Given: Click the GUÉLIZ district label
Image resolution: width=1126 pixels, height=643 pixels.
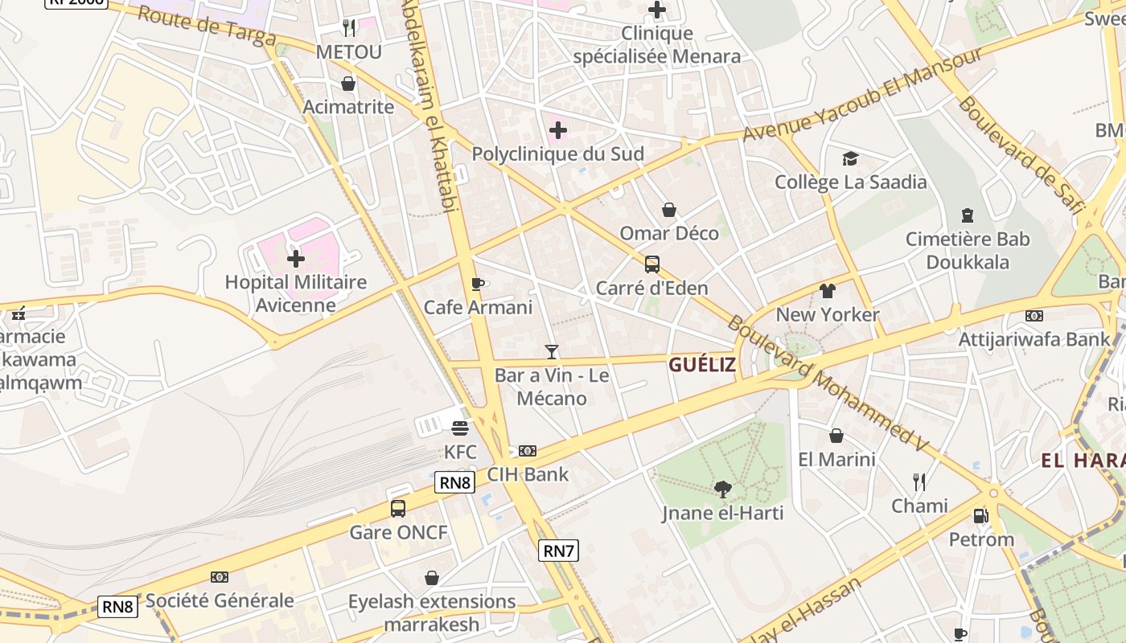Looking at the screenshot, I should pyautogui.click(x=701, y=365).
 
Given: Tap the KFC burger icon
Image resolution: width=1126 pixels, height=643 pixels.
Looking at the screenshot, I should pyautogui.click(x=460, y=428).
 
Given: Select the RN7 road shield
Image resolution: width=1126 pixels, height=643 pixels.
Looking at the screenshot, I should pyautogui.click(x=558, y=551).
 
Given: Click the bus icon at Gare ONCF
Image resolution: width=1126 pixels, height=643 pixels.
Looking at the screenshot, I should pyautogui.click(x=398, y=508).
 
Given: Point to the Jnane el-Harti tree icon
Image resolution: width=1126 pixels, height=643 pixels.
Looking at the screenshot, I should pyautogui.click(x=723, y=489).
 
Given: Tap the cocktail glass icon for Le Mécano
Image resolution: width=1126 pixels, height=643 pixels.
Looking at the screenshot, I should pyautogui.click(x=552, y=351).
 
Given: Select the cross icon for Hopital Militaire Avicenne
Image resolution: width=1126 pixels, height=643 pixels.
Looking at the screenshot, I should pyautogui.click(x=296, y=259).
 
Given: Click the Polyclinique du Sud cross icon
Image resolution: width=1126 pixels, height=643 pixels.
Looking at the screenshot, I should pyautogui.click(x=558, y=130).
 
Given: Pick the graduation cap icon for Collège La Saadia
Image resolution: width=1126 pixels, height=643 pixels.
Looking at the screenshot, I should pyautogui.click(x=850, y=158).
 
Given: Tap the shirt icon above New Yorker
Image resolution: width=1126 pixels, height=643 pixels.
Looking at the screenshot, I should pyautogui.click(x=828, y=291).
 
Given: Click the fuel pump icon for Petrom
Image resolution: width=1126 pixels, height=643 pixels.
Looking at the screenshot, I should pyautogui.click(x=980, y=516).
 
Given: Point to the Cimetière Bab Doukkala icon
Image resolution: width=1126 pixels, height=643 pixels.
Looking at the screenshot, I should pyautogui.click(x=967, y=215).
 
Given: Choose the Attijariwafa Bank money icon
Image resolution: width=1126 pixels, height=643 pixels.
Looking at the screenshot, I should pyautogui.click(x=1034, y=316).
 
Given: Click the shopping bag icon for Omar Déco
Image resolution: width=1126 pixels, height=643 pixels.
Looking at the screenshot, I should pyautogui.click(x=668, y=211).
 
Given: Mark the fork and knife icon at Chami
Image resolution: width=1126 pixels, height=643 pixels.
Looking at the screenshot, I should pyautogui.click(x=919, y=482).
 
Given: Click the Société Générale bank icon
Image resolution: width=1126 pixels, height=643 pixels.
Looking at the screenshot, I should pyautogui.click(x=219, y=577).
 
